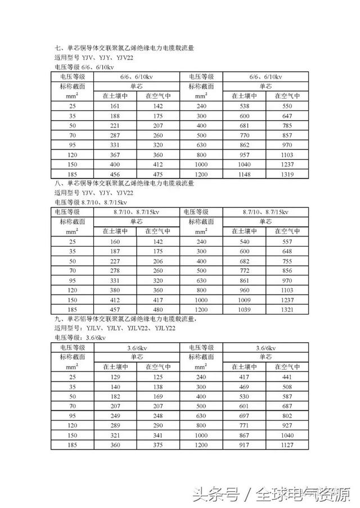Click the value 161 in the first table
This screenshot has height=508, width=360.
115,106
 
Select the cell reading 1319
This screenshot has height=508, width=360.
287,174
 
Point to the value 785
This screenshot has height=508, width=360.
287,125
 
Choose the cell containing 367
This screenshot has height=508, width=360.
115,155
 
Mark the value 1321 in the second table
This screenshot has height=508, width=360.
287,310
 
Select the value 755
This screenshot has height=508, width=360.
287,261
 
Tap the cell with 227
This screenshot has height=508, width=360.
115,261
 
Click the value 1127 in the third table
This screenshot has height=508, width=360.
287,446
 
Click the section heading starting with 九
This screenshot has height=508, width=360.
124,318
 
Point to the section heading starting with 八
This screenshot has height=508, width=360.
124,183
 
